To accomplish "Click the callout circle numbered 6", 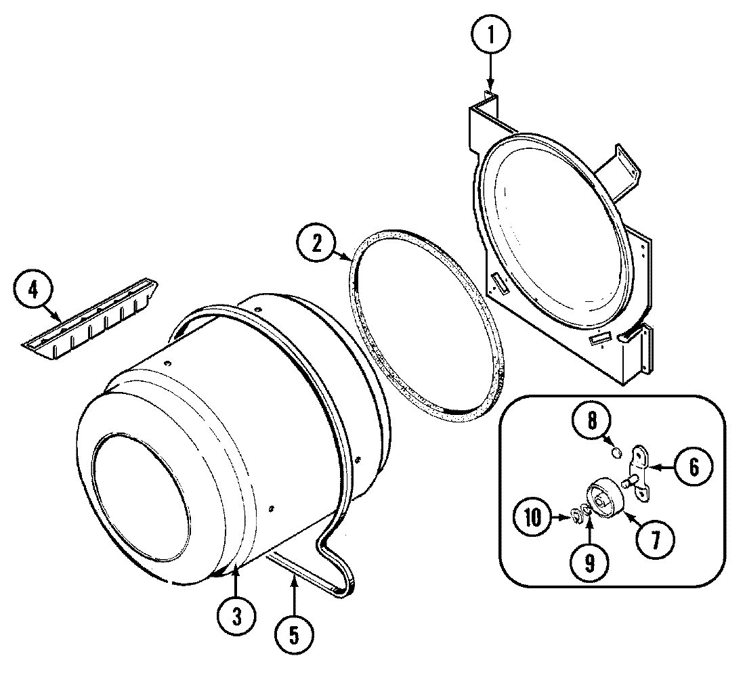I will point(691,466).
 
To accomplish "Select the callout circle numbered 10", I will point(532,519).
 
